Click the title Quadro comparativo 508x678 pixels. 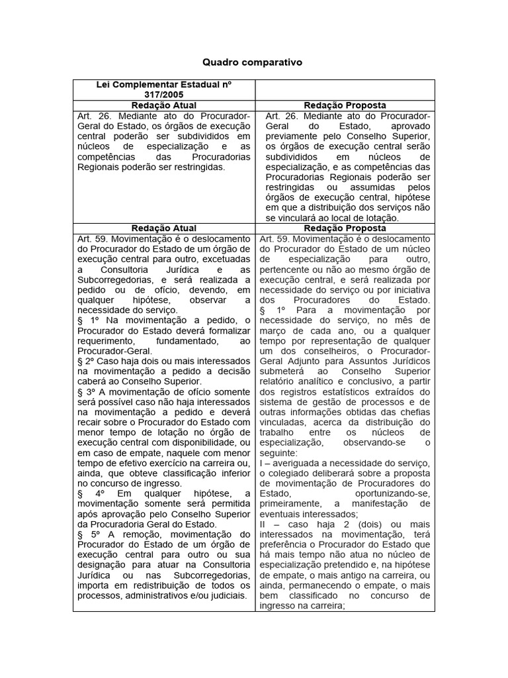coord(252,62)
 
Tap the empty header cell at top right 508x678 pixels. coord(345,89)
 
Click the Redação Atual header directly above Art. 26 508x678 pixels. coord(163,105)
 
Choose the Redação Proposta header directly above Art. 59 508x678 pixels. coord(345,228)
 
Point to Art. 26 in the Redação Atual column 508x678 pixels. coord(89,116)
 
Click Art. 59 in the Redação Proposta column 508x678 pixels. coord(275,239)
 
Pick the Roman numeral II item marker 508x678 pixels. coord(264,524)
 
